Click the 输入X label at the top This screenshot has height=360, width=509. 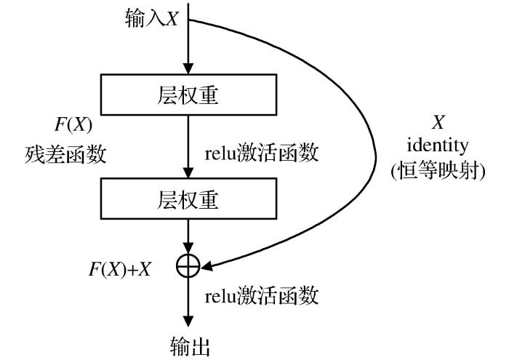tap(151, 20)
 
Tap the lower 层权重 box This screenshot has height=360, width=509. tap(188, 199)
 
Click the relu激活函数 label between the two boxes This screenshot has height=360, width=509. tap(261, 154)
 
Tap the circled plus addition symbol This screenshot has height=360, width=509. tap(188, 268)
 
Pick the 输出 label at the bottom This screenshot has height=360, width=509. tap(188, 343)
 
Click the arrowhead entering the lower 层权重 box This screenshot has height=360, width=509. tap(188, 174)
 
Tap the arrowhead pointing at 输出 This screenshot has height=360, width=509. tap(188, 321)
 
